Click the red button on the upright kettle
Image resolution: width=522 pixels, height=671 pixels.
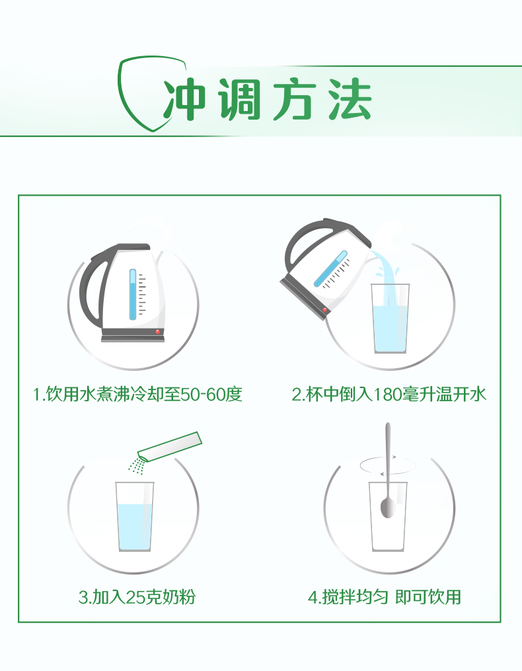pos(157,332)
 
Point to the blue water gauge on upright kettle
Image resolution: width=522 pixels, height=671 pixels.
pos(133,294)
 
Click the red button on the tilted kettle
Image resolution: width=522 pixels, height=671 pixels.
pos(324,310)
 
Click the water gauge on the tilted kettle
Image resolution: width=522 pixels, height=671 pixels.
pos(331,269)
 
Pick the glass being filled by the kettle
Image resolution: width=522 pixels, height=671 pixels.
pos(391,319)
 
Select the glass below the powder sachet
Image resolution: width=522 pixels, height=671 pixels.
pos(134,517)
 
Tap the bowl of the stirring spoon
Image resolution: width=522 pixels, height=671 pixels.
pos(387,508)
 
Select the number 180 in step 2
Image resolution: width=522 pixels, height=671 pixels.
pos(387,394)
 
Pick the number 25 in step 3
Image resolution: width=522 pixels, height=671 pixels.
pos(136,597)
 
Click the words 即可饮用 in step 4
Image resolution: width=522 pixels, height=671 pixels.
pos(428,597)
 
